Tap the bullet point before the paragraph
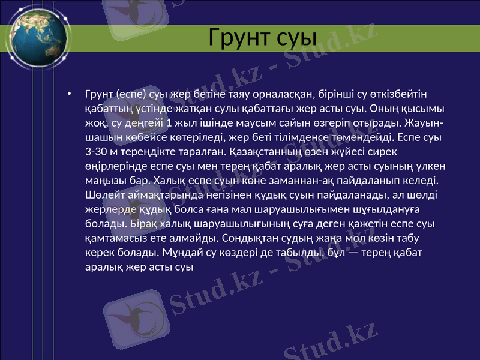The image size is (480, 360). [x=70, y=94]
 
